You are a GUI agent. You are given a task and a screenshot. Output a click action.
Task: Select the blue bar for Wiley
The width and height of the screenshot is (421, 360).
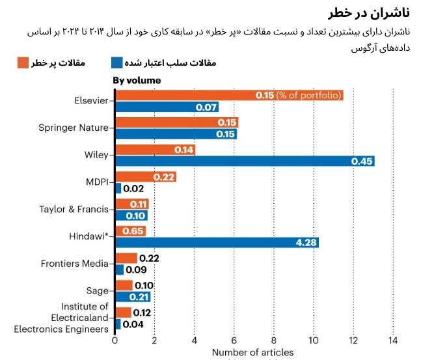245,161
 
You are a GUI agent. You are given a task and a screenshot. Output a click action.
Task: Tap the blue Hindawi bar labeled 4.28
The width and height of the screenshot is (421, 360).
217,242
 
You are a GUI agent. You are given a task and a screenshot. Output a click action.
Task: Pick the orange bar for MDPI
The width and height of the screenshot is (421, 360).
146,176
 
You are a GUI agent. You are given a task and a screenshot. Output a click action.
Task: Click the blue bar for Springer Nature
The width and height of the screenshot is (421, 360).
176,134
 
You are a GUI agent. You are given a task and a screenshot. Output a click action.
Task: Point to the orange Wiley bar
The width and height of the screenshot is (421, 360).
155,150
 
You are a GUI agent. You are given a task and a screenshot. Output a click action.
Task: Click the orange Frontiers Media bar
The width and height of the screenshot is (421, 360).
126,258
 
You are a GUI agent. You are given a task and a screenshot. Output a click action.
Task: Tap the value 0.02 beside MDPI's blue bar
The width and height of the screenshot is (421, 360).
133,189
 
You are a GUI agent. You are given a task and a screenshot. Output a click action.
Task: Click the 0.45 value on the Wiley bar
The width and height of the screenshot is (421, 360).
361,161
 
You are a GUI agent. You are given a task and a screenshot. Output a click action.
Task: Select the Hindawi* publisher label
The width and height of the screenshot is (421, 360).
88,236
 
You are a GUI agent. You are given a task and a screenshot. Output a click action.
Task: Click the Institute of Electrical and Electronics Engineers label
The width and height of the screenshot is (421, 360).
62,318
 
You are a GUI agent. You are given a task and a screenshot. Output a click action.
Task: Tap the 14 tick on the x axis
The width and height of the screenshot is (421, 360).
393,340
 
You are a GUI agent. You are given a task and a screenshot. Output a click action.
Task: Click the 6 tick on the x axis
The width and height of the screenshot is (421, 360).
234,340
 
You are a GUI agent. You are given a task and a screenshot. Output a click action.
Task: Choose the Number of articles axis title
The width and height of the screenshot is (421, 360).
252,353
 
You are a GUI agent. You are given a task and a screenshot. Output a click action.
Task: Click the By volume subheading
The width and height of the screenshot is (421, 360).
137,80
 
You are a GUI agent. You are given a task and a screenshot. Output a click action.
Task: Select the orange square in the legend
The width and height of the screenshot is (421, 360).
23,62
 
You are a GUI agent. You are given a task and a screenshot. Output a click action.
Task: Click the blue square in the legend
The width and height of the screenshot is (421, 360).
117,62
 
